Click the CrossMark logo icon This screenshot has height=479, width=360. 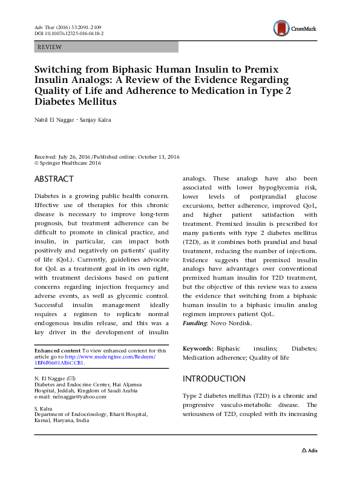pos(280,27)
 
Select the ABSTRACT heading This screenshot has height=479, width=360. pos(54,179)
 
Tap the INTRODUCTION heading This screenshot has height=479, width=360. pos(214,379)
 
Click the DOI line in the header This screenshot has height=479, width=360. pos(68,35)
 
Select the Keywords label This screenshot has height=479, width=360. pos(197,349)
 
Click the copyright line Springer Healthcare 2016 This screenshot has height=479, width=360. pos(70,163)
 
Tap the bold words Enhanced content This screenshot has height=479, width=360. pos(57,351)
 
